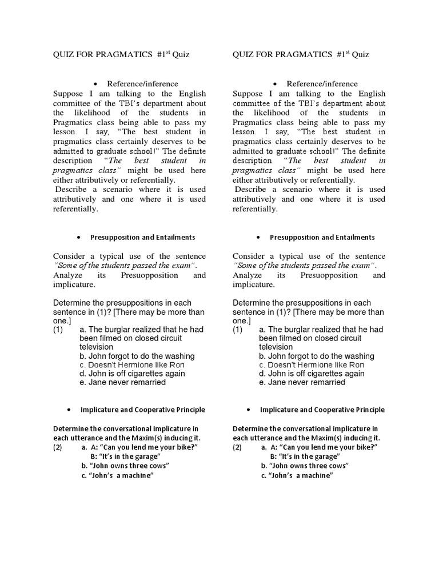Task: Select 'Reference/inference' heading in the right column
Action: (x=322, y=84)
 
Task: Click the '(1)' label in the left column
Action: (x=58, y=330)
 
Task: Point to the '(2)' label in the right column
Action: (x=238, y=447)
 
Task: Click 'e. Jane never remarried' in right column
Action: (x=302, y=382)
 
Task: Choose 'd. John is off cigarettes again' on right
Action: (x=312, y=374)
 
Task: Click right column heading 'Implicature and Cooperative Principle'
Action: (x=322, y=410)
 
